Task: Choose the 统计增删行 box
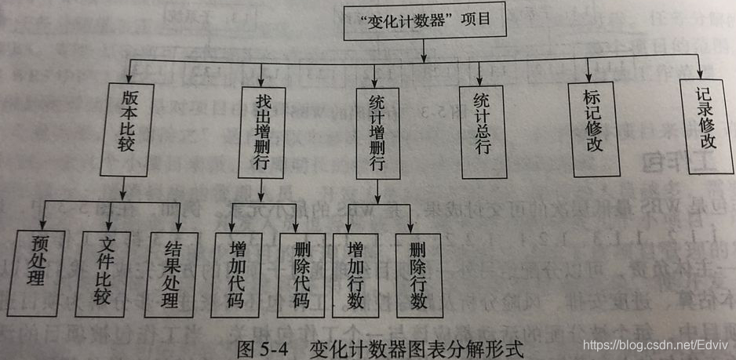click(x=376, y=135)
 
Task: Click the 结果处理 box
click(x=169, y=275)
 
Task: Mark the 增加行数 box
click(x=355, y=275)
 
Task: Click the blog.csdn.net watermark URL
click(x=654, y=345)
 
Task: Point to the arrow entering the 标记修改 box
click(x=588, y=75)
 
